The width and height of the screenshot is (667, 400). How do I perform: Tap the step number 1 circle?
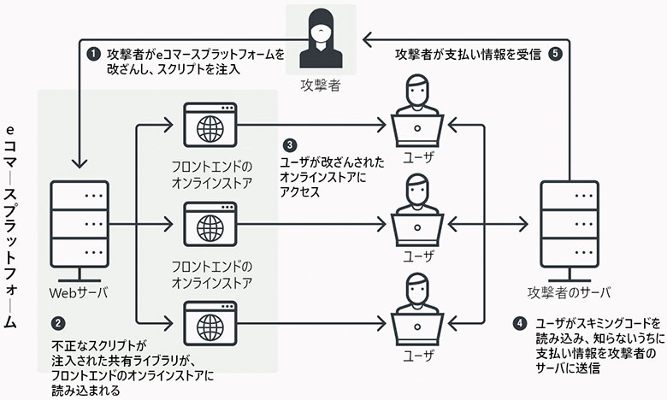pyautogui.click(x=94, y=54)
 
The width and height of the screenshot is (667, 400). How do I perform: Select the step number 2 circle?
pyautogui.click(x=57, y=325)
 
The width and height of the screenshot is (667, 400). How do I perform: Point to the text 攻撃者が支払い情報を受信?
pyautogui.click(x=468, y=54)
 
